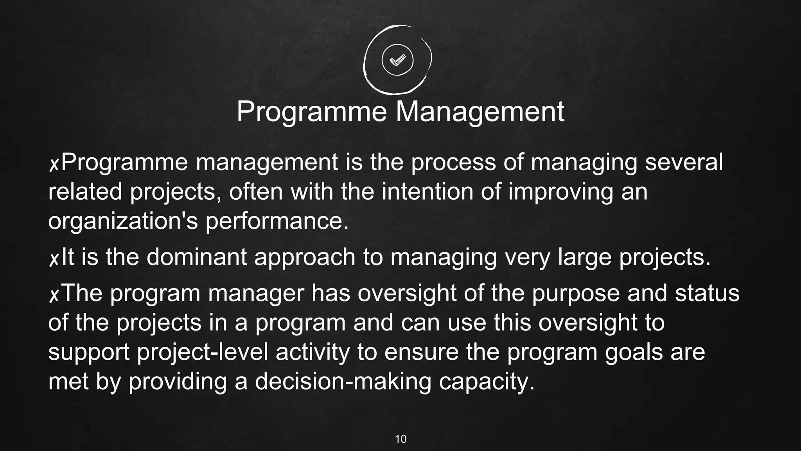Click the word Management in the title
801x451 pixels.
coord(480,112)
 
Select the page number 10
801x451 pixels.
coord(400,439)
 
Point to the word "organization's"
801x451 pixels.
coord(123,221)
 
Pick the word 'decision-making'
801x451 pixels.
coord(343,382)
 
